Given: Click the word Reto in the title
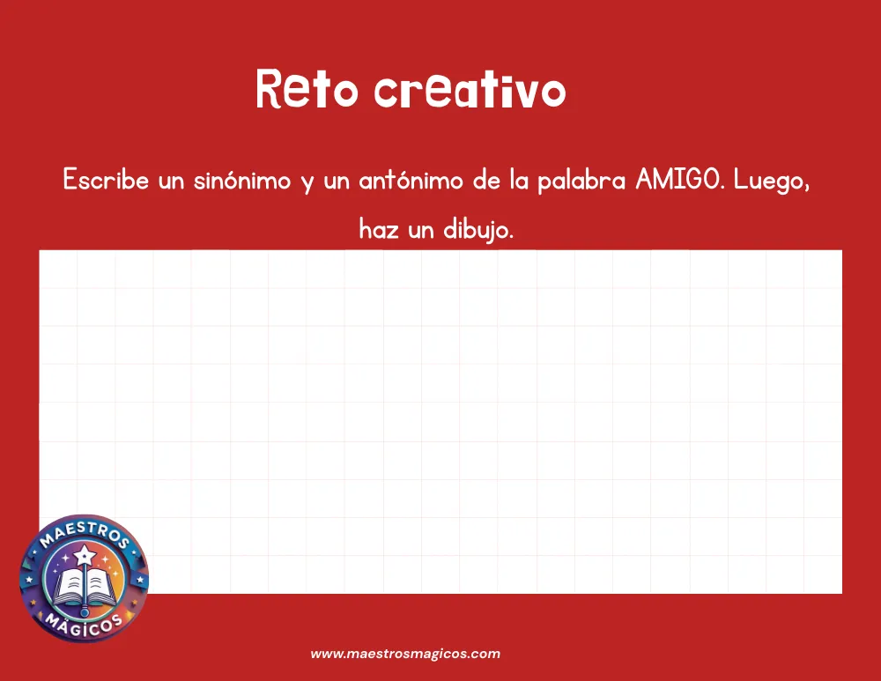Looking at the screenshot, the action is point(307,89).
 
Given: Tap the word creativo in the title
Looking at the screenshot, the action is point(470,89).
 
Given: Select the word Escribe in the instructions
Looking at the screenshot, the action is point(106,180).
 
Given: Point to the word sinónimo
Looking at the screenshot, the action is point(242,180).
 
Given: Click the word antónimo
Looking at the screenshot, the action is point(411,180).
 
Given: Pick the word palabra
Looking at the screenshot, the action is point(581,181).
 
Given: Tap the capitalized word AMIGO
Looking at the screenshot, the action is point(678,180).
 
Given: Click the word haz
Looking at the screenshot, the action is point(379,229).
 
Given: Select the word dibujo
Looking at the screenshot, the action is point(478,230).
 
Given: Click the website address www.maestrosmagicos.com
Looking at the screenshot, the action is point(405,654).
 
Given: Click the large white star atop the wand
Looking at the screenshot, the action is point(85,555).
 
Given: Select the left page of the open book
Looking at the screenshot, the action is point(69,587).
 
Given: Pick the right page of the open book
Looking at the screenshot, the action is point(100,587).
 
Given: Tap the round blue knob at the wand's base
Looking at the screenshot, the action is point(85,611).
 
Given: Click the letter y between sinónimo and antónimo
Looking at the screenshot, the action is point(307,182).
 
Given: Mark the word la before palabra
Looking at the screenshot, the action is point(519,180).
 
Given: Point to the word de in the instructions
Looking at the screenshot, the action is point(486,180).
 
